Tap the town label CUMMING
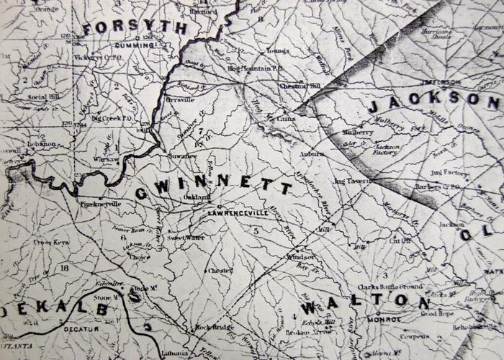click(134, 45)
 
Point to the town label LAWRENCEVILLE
click(231, 214)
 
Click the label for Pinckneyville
click(103, 204)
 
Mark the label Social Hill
click(42, 96)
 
